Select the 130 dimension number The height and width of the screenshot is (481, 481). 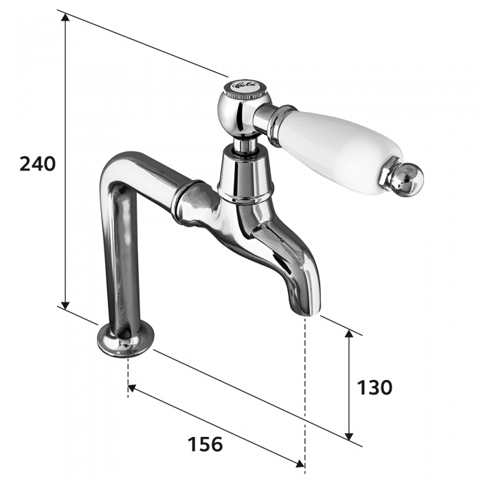[374, 387]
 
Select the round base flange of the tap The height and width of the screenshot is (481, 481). [124, 340]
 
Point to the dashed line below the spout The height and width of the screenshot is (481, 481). [304, 385]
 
